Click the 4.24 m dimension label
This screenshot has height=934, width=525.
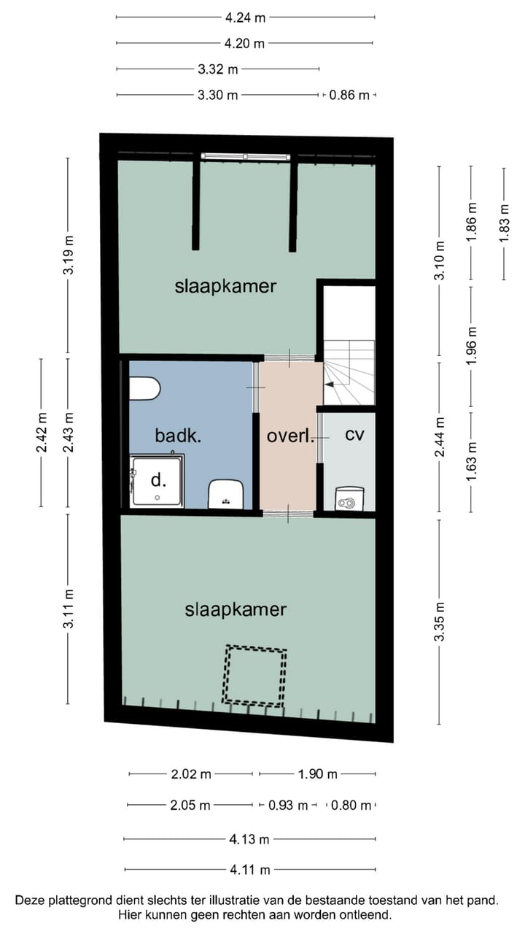(x=245, y=17)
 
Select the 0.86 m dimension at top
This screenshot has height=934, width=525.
(x=349, y=95)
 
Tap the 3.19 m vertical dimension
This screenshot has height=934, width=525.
(x=69, y=255)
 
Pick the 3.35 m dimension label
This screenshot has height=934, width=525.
(x=439, y=622)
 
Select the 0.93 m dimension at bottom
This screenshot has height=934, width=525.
(x=287, y=806)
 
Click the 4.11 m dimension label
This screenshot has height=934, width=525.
(x=249, y=870)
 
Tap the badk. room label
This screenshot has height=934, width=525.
(x=178, y=436)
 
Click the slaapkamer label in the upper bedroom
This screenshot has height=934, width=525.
(x=225, y=285)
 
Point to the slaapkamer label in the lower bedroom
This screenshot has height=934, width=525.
(x=236, y=609)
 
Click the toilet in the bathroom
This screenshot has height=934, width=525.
(x=144, y=388)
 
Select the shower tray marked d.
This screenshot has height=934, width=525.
(x=157, y=481)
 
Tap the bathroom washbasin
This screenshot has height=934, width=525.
(x=225, y=493)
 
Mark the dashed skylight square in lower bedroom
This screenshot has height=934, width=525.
(x=254, y=675)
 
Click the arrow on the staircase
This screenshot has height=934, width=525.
(x=330, y=384)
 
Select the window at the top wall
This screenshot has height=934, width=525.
(x=245, y=156)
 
